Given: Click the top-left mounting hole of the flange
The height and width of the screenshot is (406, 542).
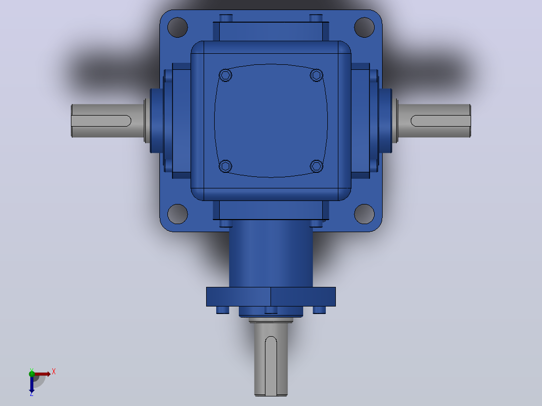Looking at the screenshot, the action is (x=177, y=27).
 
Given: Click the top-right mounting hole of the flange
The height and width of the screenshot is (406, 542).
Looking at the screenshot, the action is (x=365, y=27).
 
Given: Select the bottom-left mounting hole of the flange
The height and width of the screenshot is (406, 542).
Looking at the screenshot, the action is (x=177, y=214).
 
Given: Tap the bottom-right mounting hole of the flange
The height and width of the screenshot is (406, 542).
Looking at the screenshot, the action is (x=365, y=214).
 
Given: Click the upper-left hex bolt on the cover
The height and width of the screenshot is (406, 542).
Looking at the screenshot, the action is (x=225, y=75).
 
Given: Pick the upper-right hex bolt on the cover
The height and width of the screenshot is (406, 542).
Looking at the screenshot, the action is (x=316, y=75).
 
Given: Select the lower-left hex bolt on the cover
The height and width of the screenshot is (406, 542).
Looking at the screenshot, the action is (x=225, y=166).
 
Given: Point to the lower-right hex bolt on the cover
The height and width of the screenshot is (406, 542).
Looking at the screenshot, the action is (x=316, y=166).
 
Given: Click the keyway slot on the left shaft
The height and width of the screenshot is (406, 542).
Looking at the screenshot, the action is (x=101, y=121).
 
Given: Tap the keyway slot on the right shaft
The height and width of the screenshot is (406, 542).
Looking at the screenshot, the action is (x=440, y=121).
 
